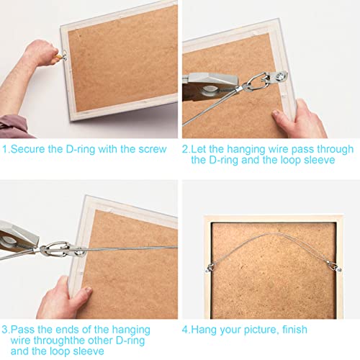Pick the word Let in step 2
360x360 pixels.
201,150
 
